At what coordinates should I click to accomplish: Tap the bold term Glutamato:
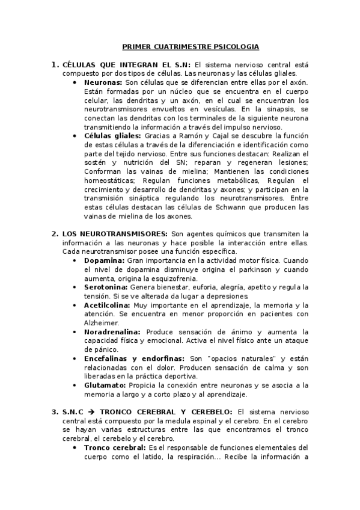(105, 385)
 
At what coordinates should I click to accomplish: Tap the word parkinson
(219, 269)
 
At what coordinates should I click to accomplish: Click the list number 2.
(55, 233)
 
